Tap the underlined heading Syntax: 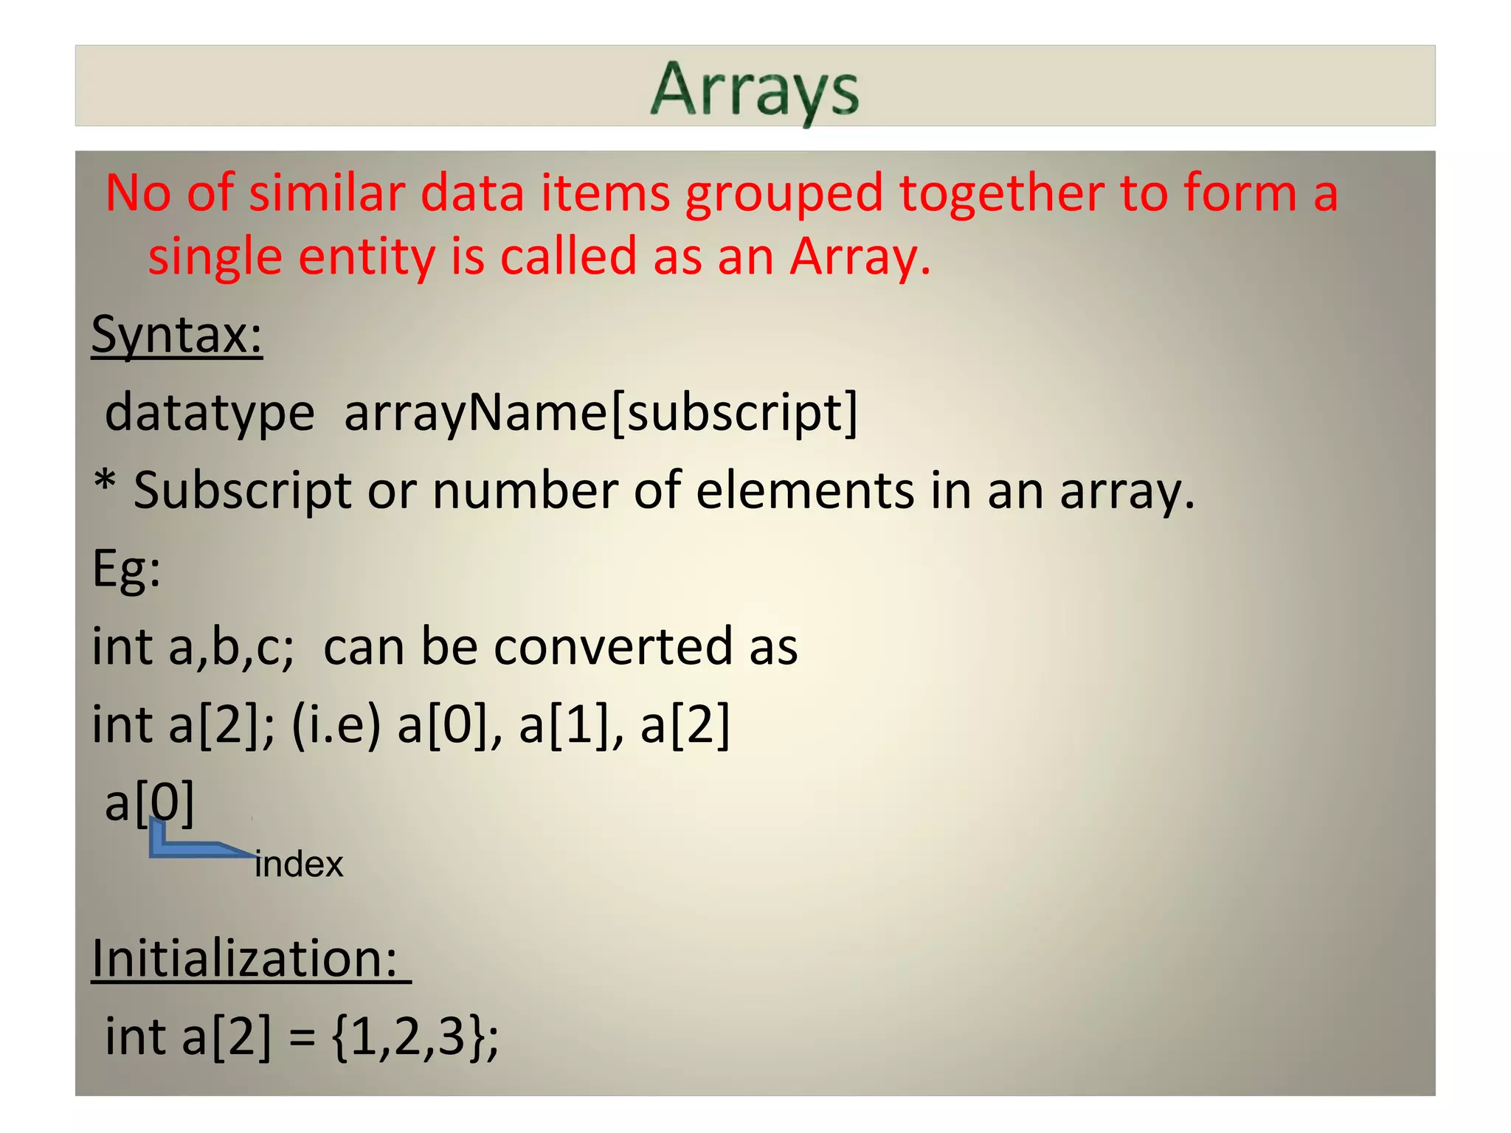pyautogui.click(x=177, y=335)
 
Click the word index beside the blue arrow pyautogui.click(x=299, y=865)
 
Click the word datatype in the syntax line pyautogui.click(x=210, y=413)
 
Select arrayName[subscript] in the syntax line pyautogui.click(x=601, y=413)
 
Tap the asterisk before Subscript pyautogui.click(x=106, y=484)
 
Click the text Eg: pyautogui.click(x=126, y=569)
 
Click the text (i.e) pyautogui.click(x=336, y=725)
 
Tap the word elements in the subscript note pyautogui.click(x=804, y=491)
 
